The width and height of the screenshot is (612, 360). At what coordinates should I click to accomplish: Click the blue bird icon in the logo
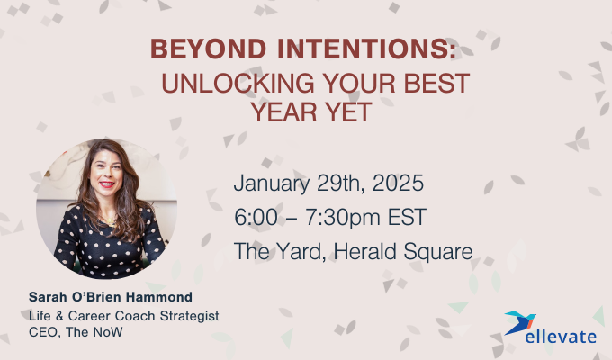[521, 322]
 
